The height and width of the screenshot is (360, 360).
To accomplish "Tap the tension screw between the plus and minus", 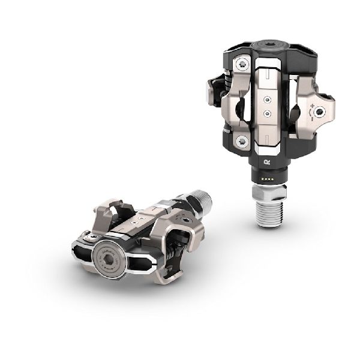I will pos(323,113).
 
